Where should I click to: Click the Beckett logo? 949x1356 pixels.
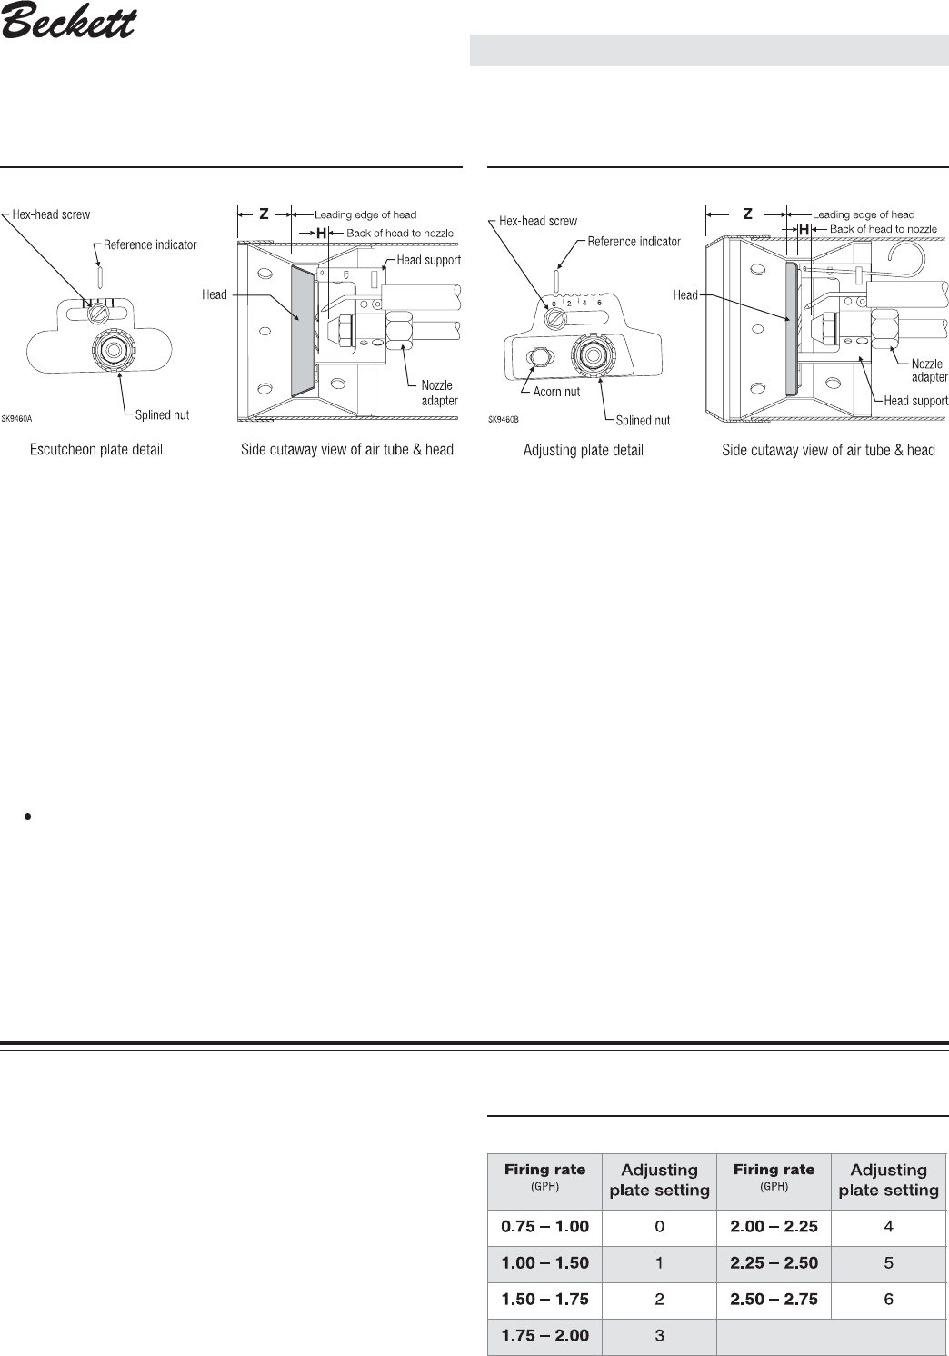click(68, 22)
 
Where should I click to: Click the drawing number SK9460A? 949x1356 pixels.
click(29, 419)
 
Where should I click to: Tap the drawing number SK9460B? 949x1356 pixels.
click(504, 420)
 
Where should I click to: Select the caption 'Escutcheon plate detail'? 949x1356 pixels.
click(96, 450)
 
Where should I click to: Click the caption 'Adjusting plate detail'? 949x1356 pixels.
click(583, 450)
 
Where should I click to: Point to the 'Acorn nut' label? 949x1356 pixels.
click(556, 392)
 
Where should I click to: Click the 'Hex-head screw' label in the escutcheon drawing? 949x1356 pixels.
click(51, 214)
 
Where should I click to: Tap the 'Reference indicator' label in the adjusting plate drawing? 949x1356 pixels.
click(634, 242)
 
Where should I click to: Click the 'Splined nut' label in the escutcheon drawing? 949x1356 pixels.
click(162, 415)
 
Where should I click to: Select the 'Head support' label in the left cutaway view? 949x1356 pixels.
click(429, 260)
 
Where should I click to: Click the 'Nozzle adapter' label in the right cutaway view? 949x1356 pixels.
click(929, 370)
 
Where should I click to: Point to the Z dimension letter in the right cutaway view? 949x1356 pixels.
click(747, 214)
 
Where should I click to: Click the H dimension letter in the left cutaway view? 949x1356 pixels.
click(321, 233)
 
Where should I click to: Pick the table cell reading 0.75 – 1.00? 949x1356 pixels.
click(545, 1226)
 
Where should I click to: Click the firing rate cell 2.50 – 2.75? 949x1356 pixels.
click(774, 1299)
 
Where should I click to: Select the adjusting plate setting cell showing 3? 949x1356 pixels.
click(659, 1335)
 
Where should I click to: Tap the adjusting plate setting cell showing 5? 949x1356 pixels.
click(888, 1262)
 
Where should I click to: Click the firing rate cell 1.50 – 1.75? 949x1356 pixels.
click(545, 1299)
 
